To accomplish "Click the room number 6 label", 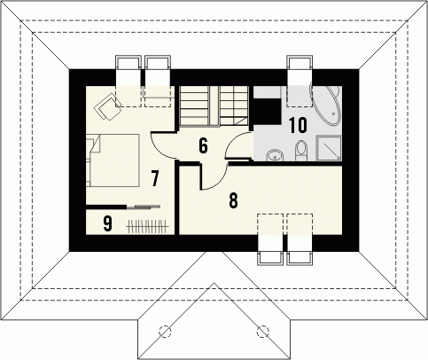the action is coord(203,145).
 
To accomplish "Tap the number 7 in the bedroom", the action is coord(154,178).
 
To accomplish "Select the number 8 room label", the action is coord(233,200).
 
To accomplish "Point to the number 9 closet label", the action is coord(108,223).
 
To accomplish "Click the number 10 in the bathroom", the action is coord(298,125).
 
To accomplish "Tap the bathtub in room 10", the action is coord(325,106).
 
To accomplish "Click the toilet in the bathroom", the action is coord(301,151).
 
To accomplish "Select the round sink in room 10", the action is coord(275,155).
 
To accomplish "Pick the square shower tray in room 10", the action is coord(329,148).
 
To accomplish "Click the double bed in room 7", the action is coord(113,160).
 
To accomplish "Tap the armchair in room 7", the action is coord(108,106).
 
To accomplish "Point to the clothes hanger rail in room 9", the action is coord(147,227).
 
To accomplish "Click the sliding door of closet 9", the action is coord(144,207).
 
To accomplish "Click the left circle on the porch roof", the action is coord(165,331).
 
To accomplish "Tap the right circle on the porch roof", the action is coord(262,331).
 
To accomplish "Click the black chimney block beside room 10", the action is coord(267,112).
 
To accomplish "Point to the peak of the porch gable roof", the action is coord(214,283).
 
